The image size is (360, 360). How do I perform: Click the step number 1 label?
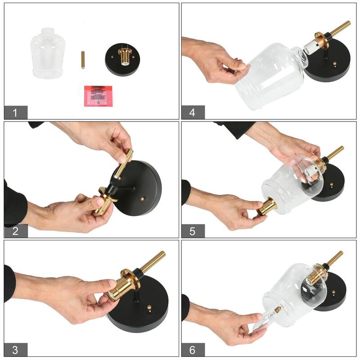(x=16, y=112)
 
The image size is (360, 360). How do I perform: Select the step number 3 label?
(x=16, y=350)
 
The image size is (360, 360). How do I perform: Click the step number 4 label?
(x=193, y=112)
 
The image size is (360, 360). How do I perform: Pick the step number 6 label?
(x=193, y=350)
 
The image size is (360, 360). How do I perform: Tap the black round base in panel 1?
(x=123, y=60)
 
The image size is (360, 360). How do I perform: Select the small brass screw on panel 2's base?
(x=143, y=198)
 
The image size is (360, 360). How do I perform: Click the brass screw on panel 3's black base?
(x=149, y=309)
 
